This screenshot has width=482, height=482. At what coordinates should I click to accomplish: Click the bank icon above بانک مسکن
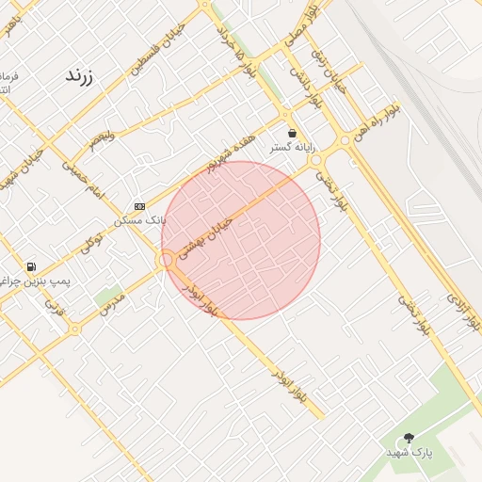[140, 206]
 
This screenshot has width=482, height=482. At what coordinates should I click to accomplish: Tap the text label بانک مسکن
[139, 220]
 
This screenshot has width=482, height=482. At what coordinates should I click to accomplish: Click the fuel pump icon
[33, 267]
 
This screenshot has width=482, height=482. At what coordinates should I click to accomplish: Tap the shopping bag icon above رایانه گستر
[292, 134]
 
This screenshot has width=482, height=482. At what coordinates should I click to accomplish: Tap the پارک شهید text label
[409, 453]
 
